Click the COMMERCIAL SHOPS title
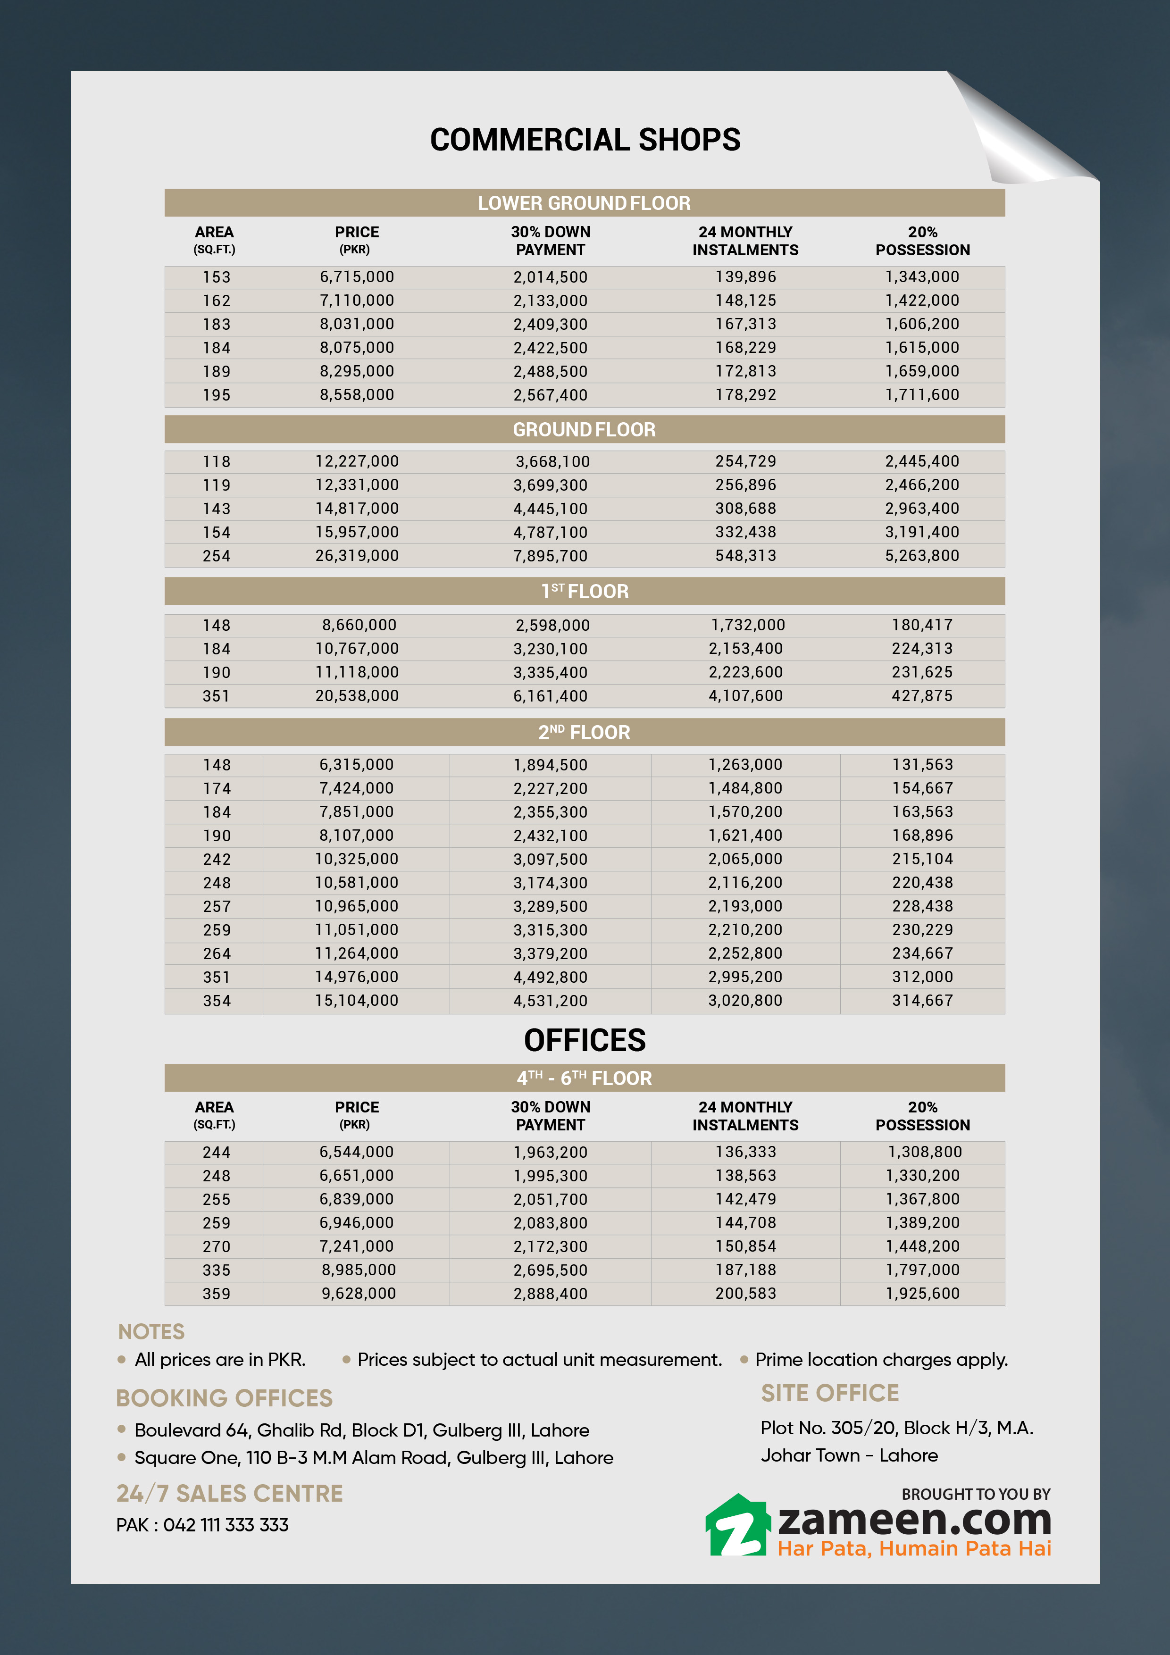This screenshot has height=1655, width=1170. (x=585, y=140)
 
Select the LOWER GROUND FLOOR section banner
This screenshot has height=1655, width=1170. (x=584, y=203)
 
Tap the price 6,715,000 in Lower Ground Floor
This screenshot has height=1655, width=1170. (x=357, y=277)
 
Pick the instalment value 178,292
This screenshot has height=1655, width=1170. (x=745, y=395)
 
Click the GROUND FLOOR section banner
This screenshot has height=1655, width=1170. (x=584, y=430)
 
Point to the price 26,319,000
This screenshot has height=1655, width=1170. (x=357, y=556)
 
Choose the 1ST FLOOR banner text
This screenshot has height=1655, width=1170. (x=585, y=592)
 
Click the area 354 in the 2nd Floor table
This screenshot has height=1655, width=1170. (x=216, y=1001)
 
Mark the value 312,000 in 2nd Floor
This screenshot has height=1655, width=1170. (x=922, y=977)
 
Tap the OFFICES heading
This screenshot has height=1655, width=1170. (x=585, y=1040)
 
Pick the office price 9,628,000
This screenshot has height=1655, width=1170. (x=358, y=1293)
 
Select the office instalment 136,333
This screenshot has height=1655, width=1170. (x=745, y=1152)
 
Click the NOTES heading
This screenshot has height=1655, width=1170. (x=151, y=1331)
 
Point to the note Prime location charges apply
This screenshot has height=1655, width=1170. (x=881, y=1360)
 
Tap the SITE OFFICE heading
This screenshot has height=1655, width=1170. (x=830, y=1393)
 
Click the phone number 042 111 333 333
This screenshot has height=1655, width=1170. (x=226, y=1524)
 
